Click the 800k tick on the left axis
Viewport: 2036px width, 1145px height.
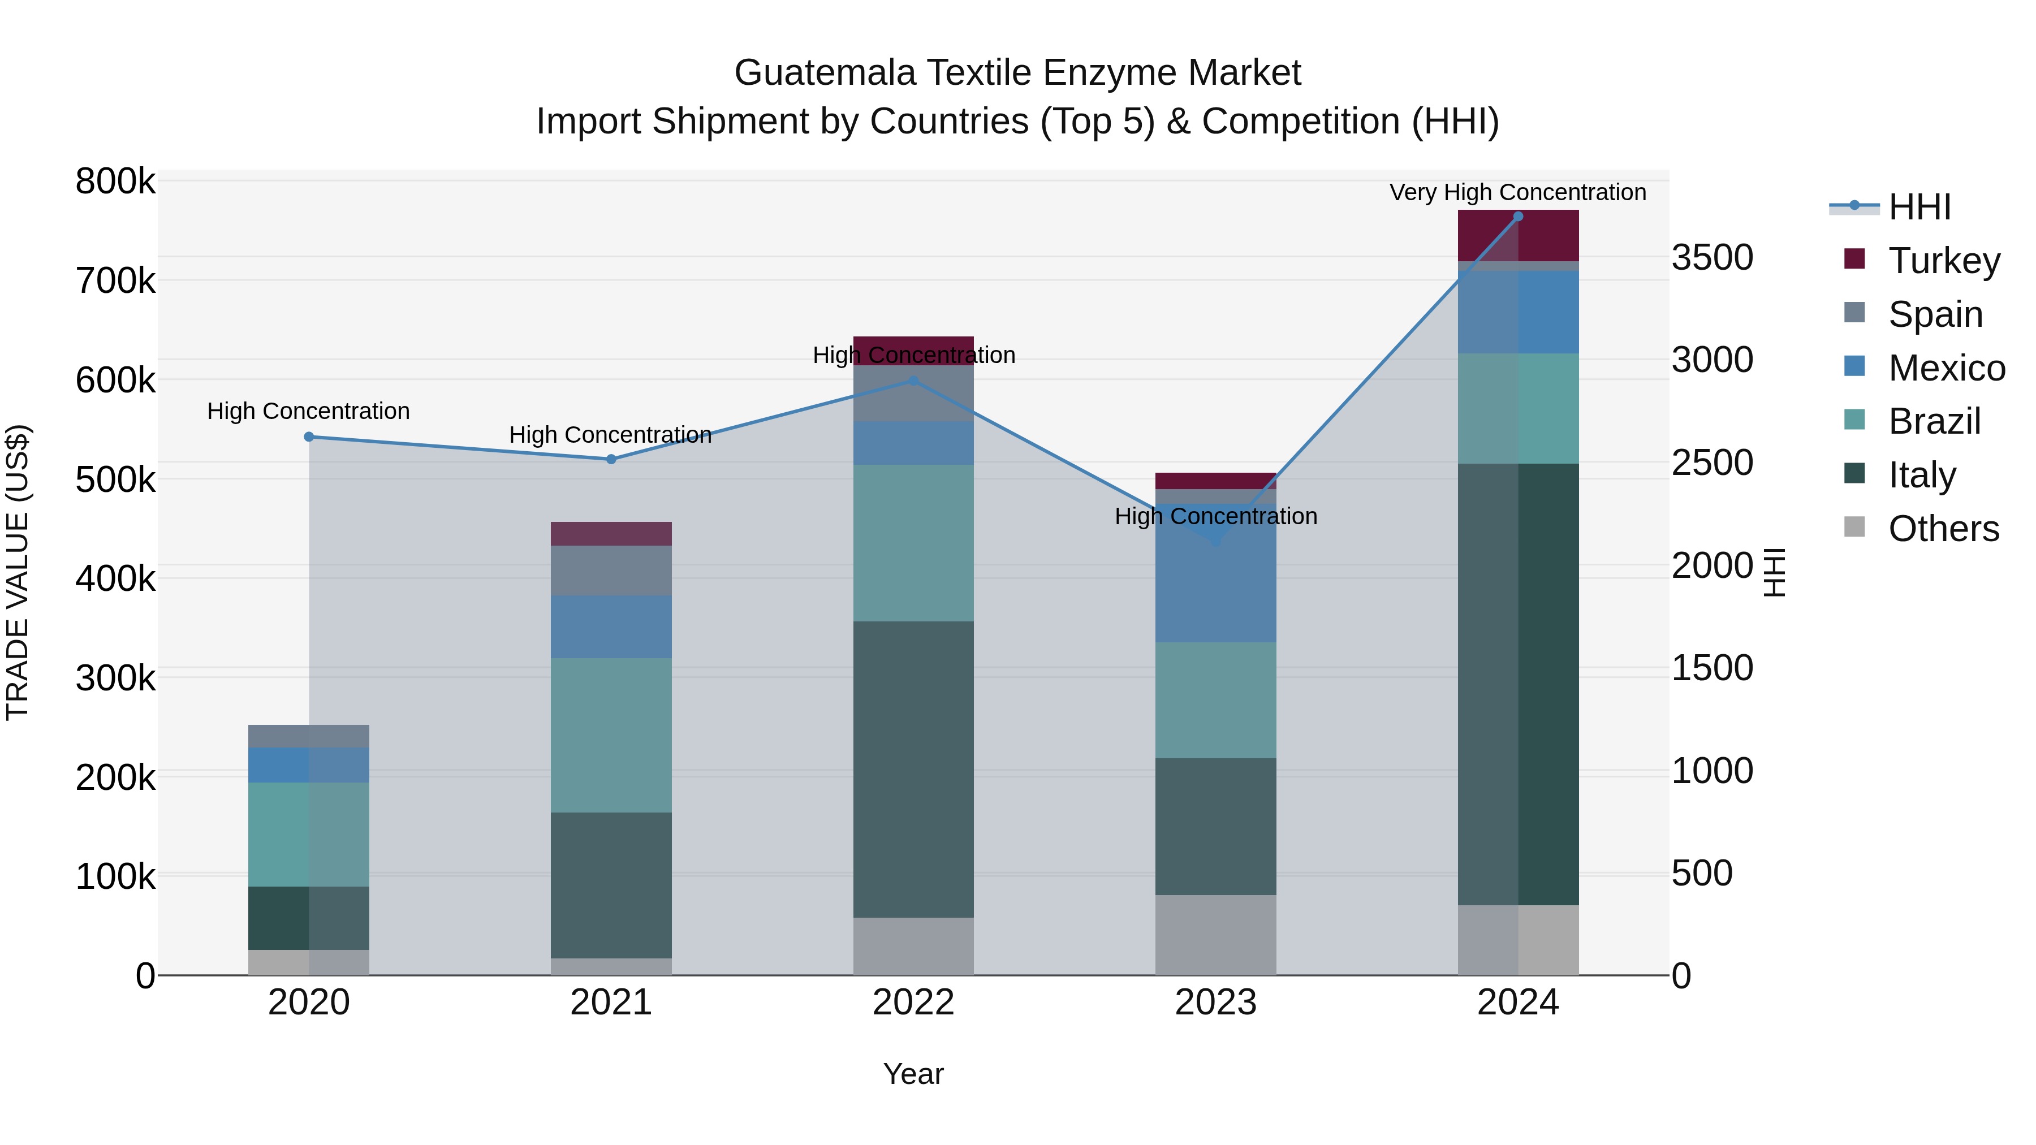[x=115, y=182]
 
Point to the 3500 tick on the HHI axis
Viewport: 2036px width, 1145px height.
[x=1712, y=258]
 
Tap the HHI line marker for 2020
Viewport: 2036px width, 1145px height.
[x=309, y=437]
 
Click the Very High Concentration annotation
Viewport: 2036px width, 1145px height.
[x=1517, y=193]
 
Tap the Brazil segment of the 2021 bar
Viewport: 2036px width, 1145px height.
[x=611, y=735]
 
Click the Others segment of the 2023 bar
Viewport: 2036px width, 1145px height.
[x=1215, y=935]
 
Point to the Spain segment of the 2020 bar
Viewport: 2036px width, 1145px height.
[x=309, y=736]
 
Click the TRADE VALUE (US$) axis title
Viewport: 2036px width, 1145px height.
[x=18, y=572]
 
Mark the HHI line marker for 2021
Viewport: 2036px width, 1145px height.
[x=611, y=459]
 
